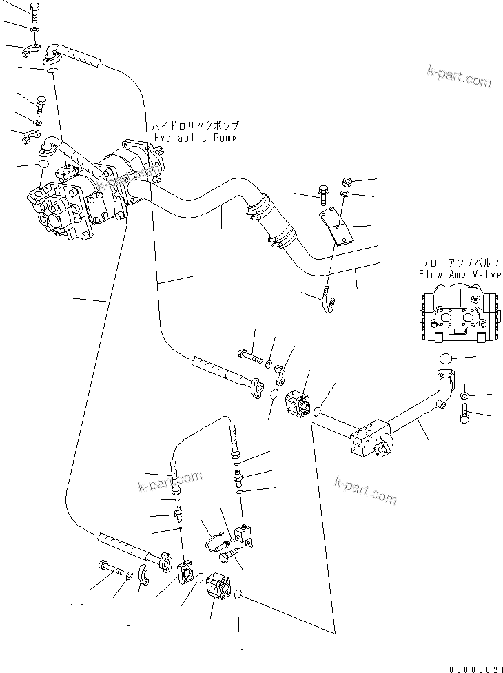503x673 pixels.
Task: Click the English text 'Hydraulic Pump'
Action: tap(196, 137)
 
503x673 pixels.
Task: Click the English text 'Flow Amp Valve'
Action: tap(458, 273)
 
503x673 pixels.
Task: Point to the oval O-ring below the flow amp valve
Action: tap(446, 359)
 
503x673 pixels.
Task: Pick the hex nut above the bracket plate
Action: tap(348, 182)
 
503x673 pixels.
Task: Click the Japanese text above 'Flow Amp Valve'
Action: tap(458, 262)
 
